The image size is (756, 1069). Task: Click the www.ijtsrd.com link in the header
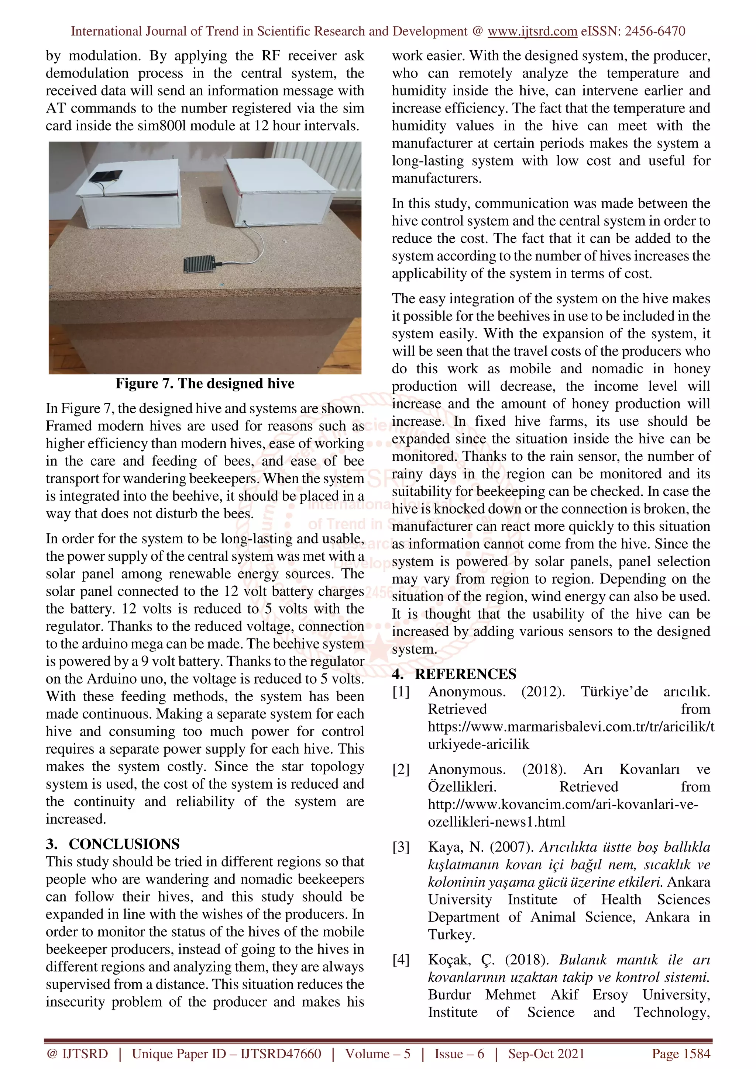pyautogui.click(x=532, y=31)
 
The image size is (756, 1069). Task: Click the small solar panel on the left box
pyautogui.click(x=106, y=177)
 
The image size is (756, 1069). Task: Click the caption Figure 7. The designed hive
pyautogui.click(x=205, y=383)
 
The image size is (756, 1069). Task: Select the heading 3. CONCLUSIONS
pyautogui.click(x=112, y=844)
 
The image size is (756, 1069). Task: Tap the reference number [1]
pyautogui.click(x=401, y=692)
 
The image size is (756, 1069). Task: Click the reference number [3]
pyautogui.click(x=401, y=847)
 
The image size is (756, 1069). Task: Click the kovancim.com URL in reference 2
pyautogui.click(x=563, y=804)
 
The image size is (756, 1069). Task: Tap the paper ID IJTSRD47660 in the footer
pyautogui.click(x=281, y=1054)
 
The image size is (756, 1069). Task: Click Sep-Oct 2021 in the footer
pyautogui.click(x=546, y=1054)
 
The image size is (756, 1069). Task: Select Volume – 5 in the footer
pyautogui.click(x=377, y=1054)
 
